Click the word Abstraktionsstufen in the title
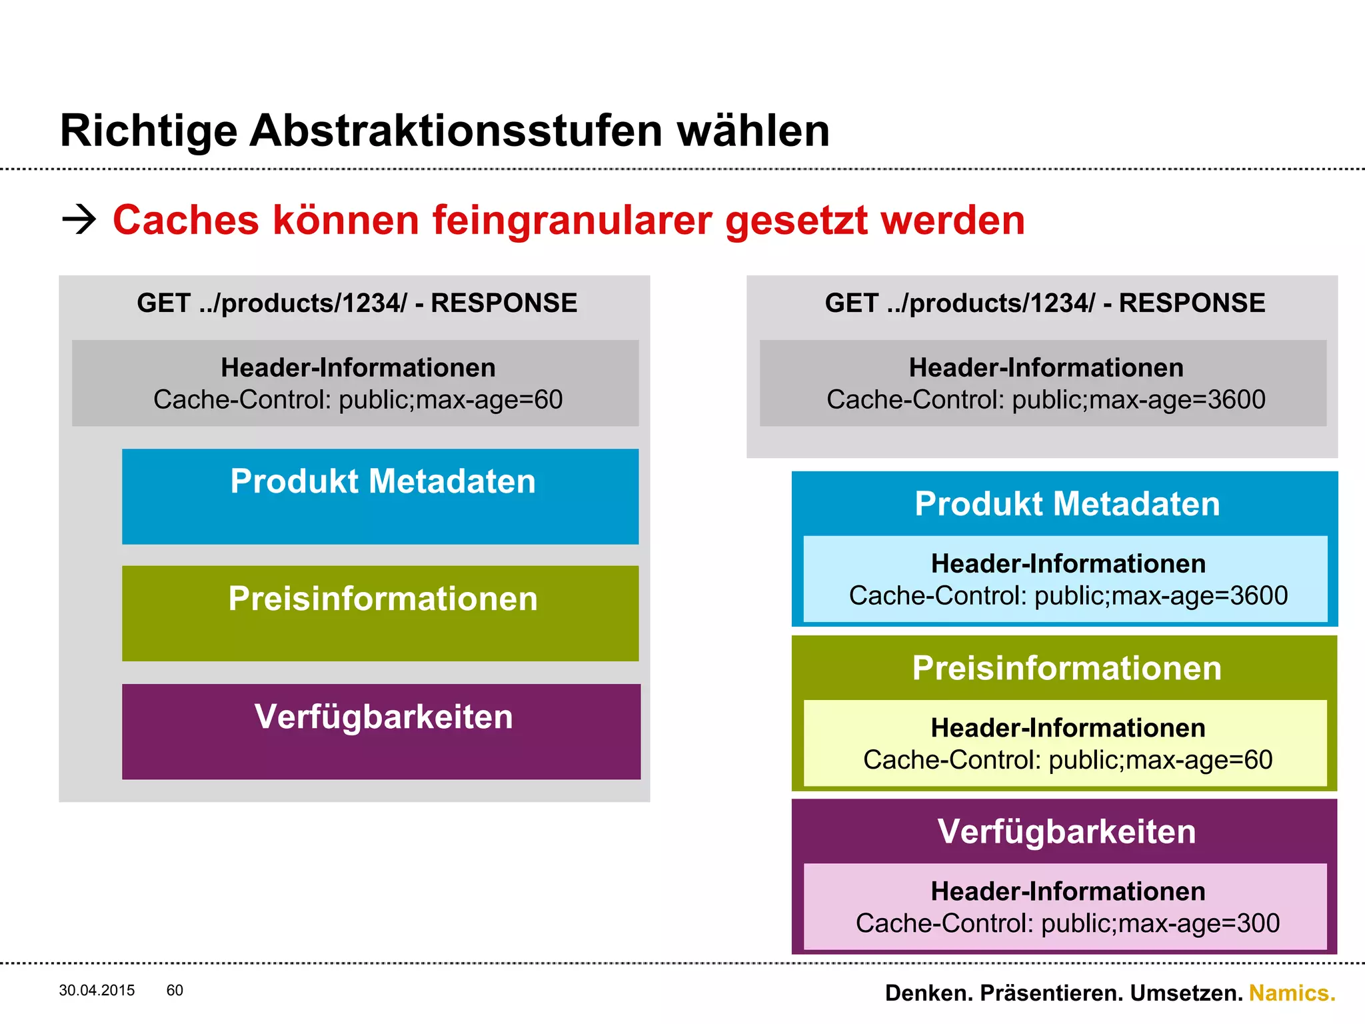[456, 131]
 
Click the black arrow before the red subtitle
[79, 220]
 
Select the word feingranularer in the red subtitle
[572, 221]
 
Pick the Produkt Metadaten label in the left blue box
[383, 481]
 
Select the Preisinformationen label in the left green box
[383, 599]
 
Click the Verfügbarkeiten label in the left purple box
[383, 717]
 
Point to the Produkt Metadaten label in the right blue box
[1067, 504]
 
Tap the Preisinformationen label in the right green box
[1066, 668]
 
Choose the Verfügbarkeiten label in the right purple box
[1066, 832]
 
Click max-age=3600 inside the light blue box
[1199, 596]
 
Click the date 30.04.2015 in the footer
[97, 991]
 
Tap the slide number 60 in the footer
[175, 991]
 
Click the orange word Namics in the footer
[1292, 993]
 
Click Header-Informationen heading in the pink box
[1068, 892]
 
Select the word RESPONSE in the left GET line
[504, 303]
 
